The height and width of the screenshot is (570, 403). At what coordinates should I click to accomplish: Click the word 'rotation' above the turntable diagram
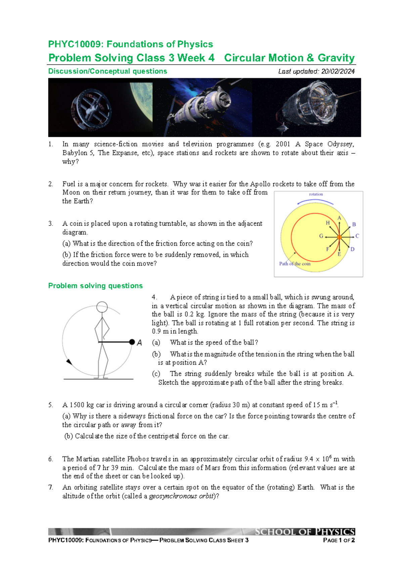tap(316, 194)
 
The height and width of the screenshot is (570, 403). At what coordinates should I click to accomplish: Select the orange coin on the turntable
tap(339, 237)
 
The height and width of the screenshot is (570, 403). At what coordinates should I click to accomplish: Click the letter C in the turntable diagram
tap(357, 236)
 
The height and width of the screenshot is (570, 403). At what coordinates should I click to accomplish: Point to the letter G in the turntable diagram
tap(321, 236)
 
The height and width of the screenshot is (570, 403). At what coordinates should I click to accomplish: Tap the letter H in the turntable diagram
tap(328, 223)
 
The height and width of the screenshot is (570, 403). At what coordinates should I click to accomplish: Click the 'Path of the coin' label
tap(295, 264)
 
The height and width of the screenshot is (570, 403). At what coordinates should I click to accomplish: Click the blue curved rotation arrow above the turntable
tap(315, 201)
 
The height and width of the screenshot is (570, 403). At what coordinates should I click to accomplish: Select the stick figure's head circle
tap(102, 307)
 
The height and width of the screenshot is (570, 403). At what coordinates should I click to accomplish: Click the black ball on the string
tap(132, 342)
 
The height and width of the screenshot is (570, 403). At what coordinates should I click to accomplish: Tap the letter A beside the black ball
tap(140, 343)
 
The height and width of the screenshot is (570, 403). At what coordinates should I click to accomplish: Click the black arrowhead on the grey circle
tap(69, 362)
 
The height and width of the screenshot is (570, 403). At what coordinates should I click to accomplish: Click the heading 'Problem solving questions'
tap(95, 286)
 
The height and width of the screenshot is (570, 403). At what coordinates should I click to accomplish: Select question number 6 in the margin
tap(50, 459)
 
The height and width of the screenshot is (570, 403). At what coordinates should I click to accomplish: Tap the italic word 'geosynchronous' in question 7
tap(173, 496)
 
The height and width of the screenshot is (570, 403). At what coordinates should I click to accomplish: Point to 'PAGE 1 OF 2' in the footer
tap(339, 540)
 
